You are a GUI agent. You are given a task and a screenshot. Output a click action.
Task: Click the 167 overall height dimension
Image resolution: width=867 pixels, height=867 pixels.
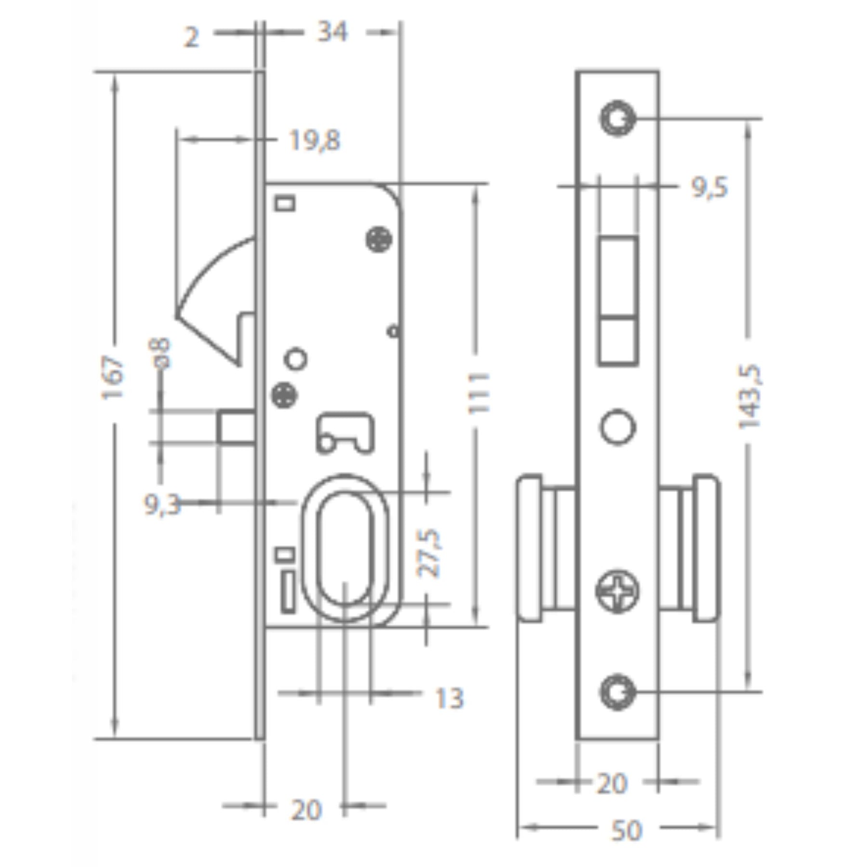(x=113, y=378)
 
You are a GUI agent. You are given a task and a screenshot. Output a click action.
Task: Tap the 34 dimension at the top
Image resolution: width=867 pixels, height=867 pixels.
(x=332, y=32)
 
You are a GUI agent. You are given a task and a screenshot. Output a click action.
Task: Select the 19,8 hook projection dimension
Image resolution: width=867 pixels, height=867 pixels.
(x=315, y=141)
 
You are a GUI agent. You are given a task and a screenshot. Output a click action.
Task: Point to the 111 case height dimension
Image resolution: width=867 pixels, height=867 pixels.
(x=478, y=392)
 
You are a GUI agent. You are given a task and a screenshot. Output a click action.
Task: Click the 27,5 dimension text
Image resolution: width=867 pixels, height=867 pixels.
(x=429, y=553)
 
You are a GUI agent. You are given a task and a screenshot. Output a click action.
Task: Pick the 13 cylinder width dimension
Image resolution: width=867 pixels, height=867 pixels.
(x=449, y=698)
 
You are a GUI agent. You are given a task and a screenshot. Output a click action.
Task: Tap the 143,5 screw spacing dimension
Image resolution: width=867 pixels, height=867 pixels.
(x=750, y=397)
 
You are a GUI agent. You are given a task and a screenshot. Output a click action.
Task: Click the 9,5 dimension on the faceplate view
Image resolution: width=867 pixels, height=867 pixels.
(x=710, y=187)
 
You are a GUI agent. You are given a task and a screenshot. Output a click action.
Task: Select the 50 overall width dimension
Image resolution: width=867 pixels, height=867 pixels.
(x=627, y=831)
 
